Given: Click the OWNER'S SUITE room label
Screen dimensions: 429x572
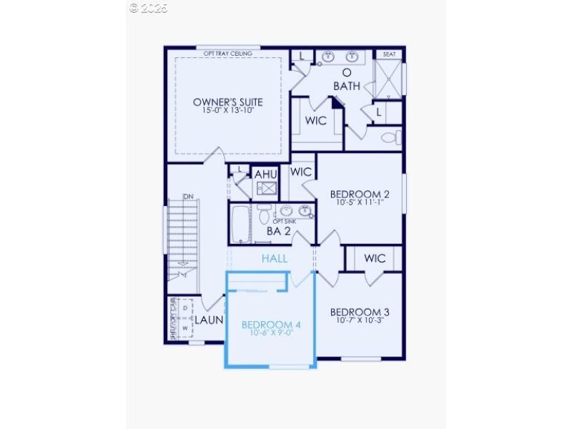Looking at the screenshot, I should (228, 102).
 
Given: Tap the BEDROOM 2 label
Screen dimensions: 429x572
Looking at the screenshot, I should (360, 194).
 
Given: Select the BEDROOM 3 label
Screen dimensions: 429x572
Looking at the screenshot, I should (360, 312).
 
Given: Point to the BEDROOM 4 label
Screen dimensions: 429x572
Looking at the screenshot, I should (271, 325).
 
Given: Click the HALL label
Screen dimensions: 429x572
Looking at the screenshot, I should (275, 258).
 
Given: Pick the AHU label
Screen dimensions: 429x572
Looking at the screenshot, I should (265, 174).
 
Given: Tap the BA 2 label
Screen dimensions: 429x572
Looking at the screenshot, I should (278, 231).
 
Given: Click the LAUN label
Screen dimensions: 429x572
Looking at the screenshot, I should (210, 320).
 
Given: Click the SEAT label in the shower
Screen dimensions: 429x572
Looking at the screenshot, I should (389, 54).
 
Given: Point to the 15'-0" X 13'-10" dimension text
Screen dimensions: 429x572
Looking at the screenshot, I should (228, 110).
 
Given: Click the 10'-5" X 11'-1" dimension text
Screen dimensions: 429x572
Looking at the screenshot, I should (360, 202).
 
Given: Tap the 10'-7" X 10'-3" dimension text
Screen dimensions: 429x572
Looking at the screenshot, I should (360, 320).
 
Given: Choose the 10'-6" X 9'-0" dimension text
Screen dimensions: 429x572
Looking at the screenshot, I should (271, 332).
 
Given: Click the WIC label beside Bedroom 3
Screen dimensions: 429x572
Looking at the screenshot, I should (375, 258).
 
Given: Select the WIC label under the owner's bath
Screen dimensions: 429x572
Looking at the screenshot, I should (316, 120).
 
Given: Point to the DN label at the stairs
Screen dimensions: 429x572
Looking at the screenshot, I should (188, 197).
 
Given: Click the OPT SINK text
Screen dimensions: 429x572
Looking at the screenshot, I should (284, 221).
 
